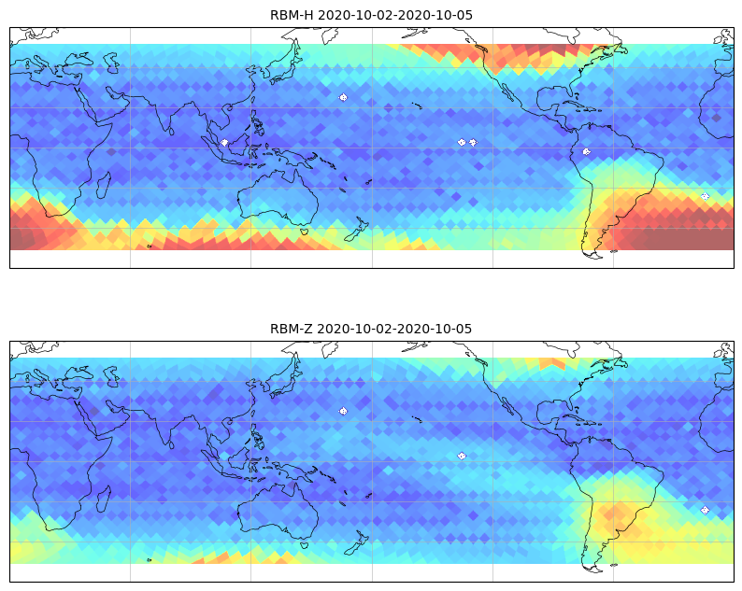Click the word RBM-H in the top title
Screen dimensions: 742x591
[x=292, y=15]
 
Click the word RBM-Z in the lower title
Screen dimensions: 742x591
[x=291, y=329]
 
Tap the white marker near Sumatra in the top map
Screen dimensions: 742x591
[x=224, y=142]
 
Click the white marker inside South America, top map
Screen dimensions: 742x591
[x=586, y=152]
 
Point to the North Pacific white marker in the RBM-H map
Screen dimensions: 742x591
[x=343, y=97]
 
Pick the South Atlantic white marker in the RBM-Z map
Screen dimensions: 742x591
[x=706, y=510]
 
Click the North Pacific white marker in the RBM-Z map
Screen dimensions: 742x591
[x=343, y=411]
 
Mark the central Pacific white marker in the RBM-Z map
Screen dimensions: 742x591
[x=462, y=456]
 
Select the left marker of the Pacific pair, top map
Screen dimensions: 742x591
[x=462, y=142]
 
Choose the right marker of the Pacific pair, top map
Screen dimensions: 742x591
[x=473, y=142]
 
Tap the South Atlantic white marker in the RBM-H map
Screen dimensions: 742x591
[x=706, y=196]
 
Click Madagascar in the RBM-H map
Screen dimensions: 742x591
[x=104, y=185]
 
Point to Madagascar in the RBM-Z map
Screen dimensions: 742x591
[x=104, y=499]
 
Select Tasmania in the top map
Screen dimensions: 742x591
[x=305, y=232]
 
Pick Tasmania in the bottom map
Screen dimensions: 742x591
[x=305, y=544]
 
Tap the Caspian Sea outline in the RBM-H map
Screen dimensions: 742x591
[x=111, y=63]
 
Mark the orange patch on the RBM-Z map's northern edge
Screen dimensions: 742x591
[x=551, y=362]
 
